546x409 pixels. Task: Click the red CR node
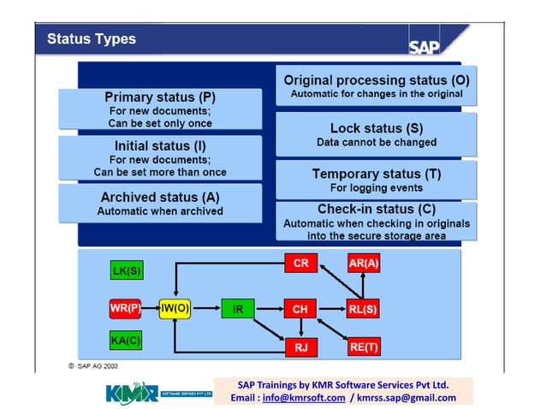coord(300,264)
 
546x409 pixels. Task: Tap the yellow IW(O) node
coord(175,307)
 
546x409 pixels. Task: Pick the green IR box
coord(238,308)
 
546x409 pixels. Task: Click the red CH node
coord(300,308)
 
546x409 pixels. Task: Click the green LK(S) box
coord(127,271)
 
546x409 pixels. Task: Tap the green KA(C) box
coord(127,341)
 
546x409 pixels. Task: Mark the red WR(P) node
coord(125,307)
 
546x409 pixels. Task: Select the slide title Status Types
coord(91,39)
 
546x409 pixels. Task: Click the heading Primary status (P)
coord(160,97)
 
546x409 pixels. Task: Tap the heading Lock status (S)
coord(376,127)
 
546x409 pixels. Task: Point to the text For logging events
coord(376,187)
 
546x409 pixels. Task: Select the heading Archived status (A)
coord(160,197)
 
